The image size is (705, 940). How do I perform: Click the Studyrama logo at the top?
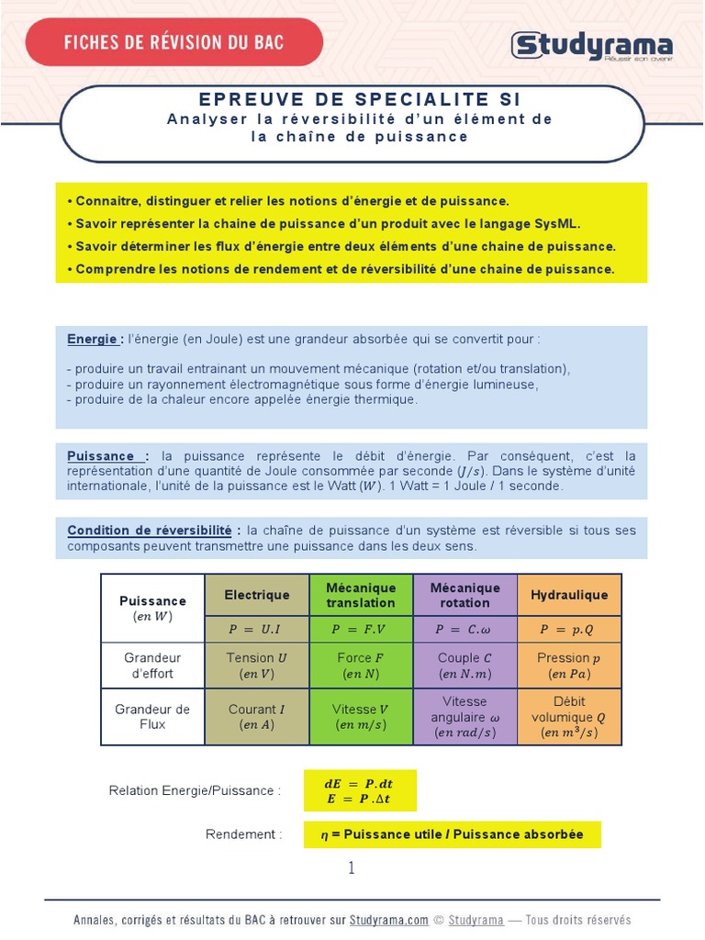click(592, 45)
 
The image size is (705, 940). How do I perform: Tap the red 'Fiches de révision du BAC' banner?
click(174, 42)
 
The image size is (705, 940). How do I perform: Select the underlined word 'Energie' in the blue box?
click(93, 339)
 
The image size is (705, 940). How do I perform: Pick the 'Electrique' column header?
click(257, 595)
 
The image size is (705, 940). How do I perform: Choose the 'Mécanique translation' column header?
click(361, 595)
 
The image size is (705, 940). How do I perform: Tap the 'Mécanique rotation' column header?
click(464, 595)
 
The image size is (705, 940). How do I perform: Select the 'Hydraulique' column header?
click(569, 595)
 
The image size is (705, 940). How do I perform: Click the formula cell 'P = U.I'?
click(257, 630)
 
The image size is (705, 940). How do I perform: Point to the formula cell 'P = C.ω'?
click(464, 630)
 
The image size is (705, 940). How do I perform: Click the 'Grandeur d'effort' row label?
click(152, 666)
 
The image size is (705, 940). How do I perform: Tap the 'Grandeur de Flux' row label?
click(152, 716)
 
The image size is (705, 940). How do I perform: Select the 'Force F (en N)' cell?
click(361, 666)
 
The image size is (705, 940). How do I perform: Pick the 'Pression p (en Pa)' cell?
click(569, 666)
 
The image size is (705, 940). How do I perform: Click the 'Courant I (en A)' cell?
click(257, 716)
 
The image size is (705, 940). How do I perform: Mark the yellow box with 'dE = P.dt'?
click(360, 791)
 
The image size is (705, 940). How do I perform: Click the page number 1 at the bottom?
click(352, 868)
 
